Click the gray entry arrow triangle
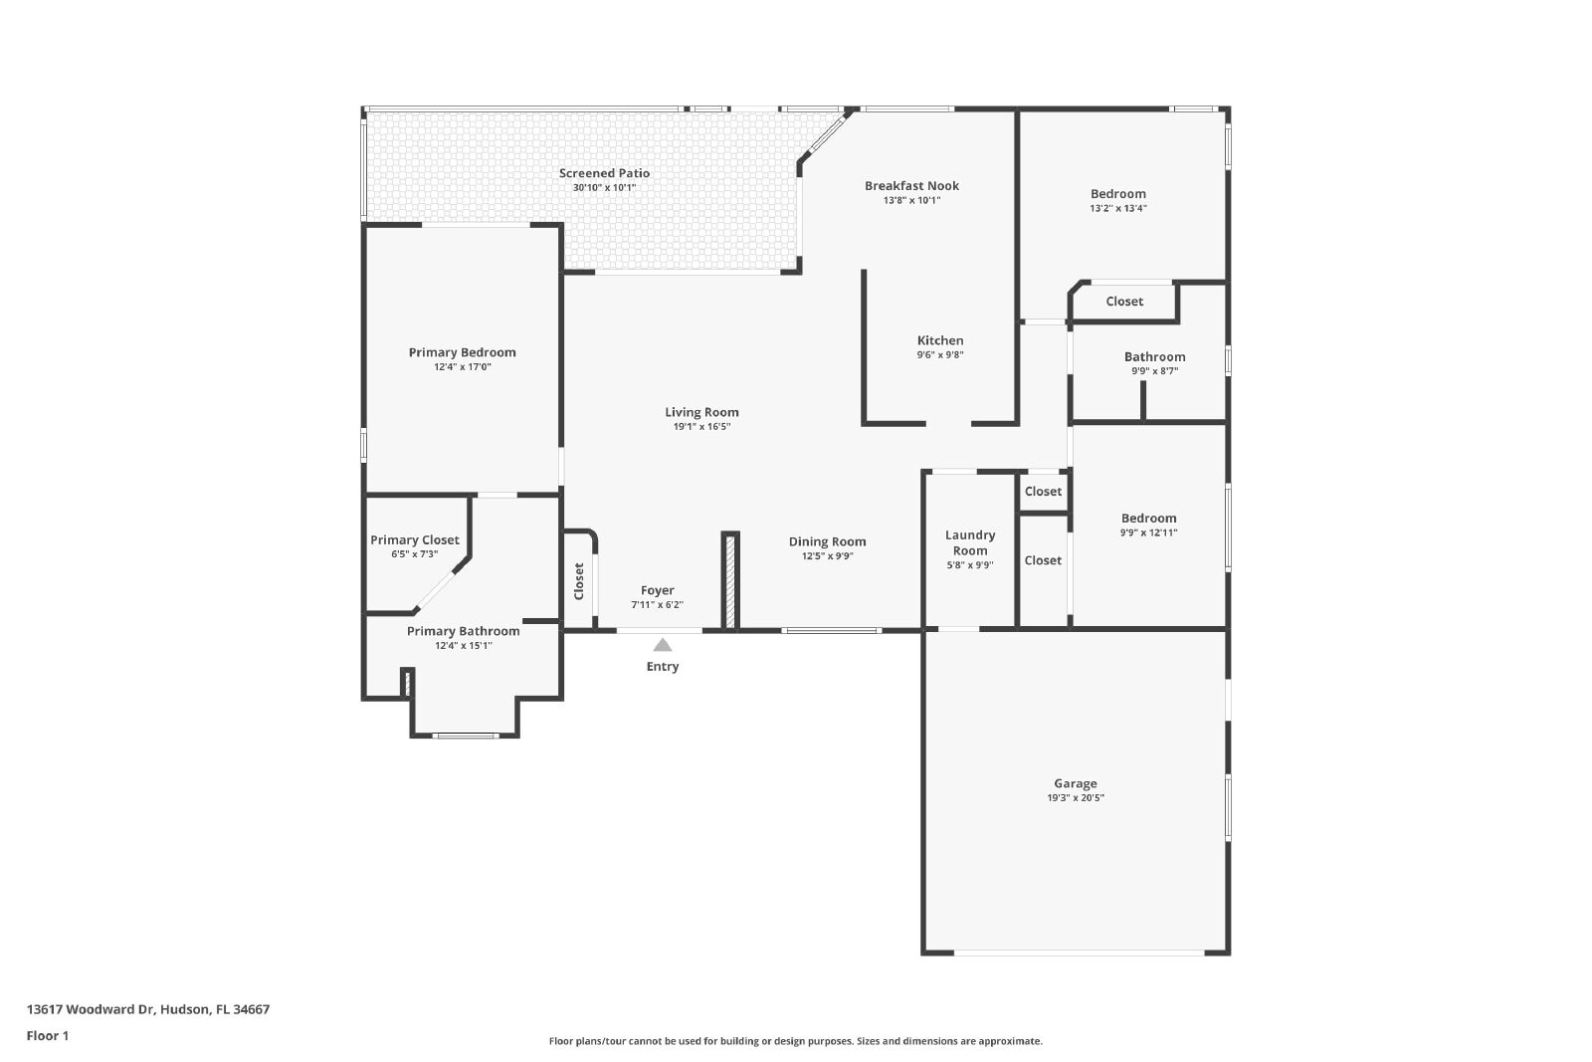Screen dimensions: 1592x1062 pos(663,645)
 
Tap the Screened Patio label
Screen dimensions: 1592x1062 pos(604,173)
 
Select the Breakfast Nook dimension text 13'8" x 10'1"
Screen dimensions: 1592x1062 pos(911,200)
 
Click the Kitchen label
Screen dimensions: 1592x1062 pos(940,340)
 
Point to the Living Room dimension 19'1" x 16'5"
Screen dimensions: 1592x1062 pos(701,427)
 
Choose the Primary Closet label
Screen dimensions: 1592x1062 pos(414,540)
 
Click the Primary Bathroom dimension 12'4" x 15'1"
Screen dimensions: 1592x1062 pos(464,645)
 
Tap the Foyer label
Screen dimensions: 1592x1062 pos(658,590)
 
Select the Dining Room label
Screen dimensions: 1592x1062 pos(827,541)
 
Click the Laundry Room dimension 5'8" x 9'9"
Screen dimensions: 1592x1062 pos(970,565)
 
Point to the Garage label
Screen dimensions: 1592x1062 pos(1076,783)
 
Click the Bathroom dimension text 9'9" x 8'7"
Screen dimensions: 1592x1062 pos(1155,371)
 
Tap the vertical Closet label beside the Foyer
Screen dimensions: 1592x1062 pos(578,581)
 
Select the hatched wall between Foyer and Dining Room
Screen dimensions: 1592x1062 pos(730,580)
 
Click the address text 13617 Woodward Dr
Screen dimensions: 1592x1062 pos(91,1009)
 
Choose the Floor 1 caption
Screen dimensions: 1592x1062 pos(48,1036)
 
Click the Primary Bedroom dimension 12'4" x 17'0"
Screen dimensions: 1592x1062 pos(463,367)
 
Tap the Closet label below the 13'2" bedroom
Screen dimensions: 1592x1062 pos(1124,302)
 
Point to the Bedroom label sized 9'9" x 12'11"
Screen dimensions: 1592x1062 pos(1148,519)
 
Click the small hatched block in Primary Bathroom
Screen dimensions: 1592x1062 pos(407,683)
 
